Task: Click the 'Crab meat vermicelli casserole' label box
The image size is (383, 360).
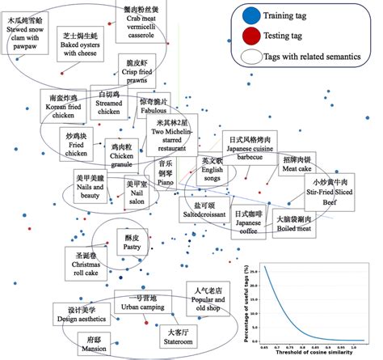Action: [145, 21]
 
